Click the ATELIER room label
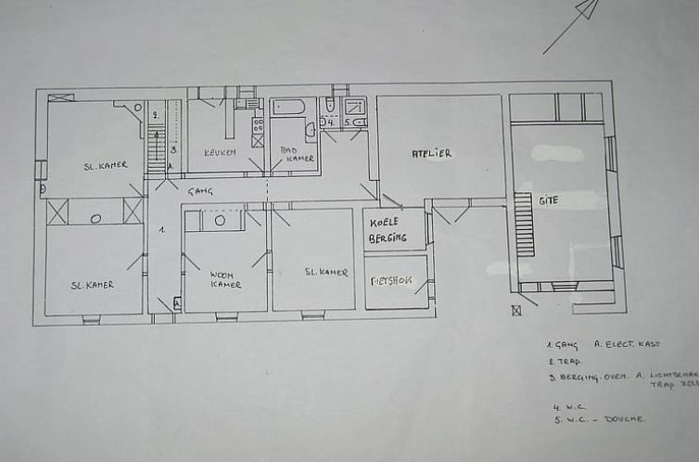coord(431,153)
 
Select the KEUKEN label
coord(221,152)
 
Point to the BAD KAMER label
coord(298,153)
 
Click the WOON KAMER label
coord(223,279)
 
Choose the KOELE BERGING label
coord(388,230)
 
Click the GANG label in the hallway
coord(200,191)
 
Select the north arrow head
coord(586,9)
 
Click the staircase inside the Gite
coord(525,224)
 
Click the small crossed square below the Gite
coord(516,311)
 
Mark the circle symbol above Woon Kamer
coord(220,221)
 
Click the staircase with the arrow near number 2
coord(157,148)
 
